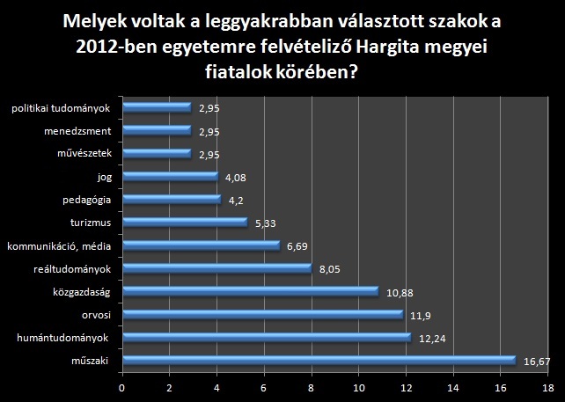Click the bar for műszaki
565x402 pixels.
(319, 360)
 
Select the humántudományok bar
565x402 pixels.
(267, 337)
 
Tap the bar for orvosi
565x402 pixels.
(262, 314)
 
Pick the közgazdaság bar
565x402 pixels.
(251, 291)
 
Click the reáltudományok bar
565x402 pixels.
(217, 268)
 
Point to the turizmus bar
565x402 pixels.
(185, 223)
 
